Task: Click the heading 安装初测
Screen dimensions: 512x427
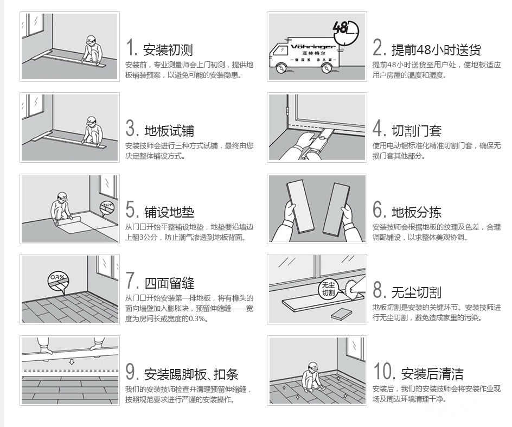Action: point(168,50)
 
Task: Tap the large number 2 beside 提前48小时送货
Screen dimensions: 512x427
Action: point(379,47)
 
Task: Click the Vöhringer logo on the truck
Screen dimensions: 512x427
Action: point(313,47)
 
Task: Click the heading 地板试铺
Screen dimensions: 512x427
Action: point(169,131)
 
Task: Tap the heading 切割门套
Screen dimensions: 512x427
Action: point(417,131)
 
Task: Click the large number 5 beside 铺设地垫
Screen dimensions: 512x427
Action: point(131,209)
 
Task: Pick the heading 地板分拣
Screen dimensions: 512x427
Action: point(417,212)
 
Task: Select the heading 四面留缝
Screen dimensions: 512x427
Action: point(169,283)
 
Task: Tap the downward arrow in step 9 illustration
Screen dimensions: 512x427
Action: point(72,362)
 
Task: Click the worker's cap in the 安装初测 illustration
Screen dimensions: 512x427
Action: point(92,38)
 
